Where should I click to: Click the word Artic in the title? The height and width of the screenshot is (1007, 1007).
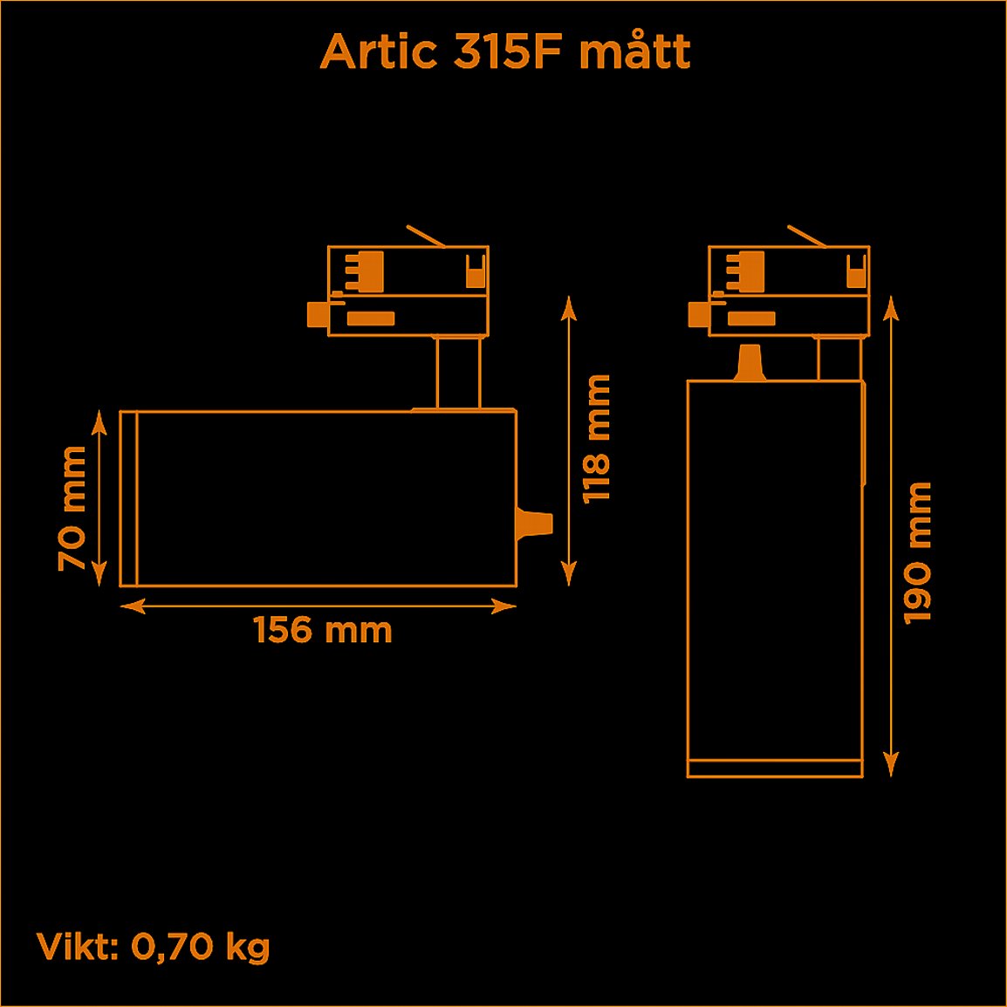[x=378, y=52]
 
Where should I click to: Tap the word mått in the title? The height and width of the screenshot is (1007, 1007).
[x=634, y=52]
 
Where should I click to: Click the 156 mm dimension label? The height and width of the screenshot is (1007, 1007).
[x=323, y=630]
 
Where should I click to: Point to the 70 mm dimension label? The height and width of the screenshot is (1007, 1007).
[x=72, y=509]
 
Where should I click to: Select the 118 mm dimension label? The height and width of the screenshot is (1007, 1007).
[x=597, y=439]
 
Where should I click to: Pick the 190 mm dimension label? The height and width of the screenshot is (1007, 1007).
[x=918, y=552]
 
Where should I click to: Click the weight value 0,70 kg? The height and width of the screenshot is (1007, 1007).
[x=200, y=947]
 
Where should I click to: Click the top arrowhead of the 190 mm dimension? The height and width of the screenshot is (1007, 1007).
[x=890, y=305]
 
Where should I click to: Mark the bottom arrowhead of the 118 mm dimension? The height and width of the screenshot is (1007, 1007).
[x=568, y=574]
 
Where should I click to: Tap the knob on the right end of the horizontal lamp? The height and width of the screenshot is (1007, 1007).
[x=534, y=524]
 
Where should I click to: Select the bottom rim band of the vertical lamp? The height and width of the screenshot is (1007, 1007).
[x=775, y=769]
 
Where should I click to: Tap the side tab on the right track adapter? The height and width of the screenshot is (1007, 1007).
[x=698, y=314]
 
